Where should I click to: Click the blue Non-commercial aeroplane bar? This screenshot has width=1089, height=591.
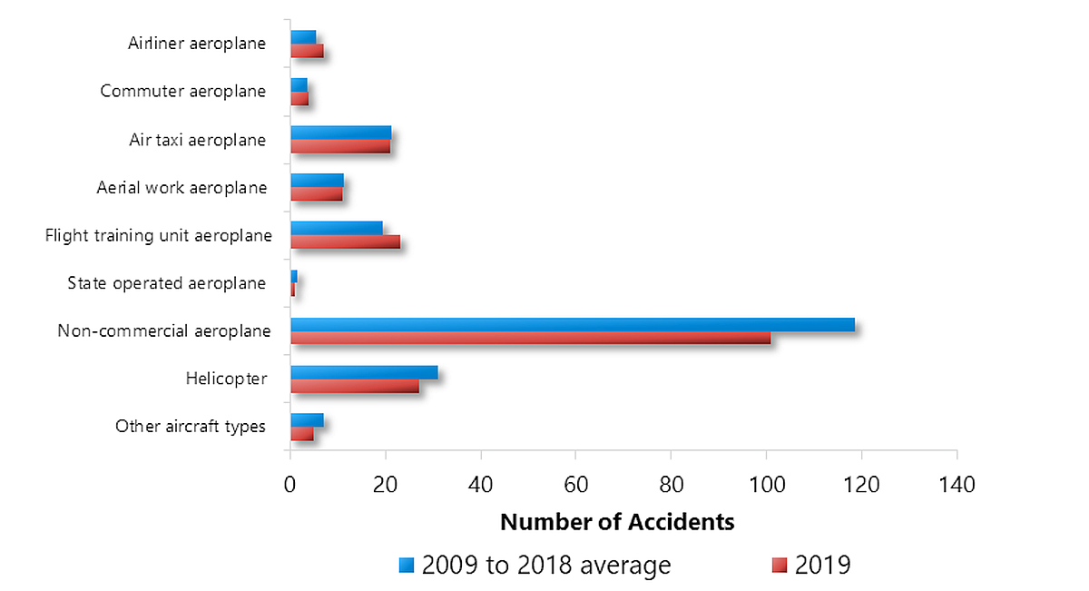[x=572, y=325]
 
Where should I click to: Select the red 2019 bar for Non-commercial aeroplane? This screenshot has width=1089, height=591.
[x=530, y=338]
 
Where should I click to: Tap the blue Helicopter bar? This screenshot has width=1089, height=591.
[x=364, y=372]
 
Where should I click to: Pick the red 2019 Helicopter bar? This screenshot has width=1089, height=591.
[x=355, y=386]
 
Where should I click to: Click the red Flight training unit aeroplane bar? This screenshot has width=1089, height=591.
[x=345, y=242]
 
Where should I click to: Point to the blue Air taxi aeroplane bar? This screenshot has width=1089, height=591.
[x=340, y=133]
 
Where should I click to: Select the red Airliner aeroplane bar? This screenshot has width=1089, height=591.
[x=307, y=51]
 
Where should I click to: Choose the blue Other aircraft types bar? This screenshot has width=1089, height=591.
[x=307, y=419]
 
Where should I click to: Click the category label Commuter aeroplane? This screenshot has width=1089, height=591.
[x=183, y=91]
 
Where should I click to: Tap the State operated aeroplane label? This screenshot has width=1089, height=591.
[x=167, y=283]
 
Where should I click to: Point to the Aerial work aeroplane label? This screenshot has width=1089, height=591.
[x=181, y=188]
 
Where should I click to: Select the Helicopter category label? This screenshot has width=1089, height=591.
[x=226, y=379]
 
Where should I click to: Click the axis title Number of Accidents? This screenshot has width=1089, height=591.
[x=617, y=522]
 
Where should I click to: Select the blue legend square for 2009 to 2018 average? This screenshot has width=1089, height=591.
[x=407, y=566]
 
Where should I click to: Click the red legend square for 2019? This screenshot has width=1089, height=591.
[x=780, y=566]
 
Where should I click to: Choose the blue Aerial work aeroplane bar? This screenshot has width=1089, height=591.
[x=317, y=180]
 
